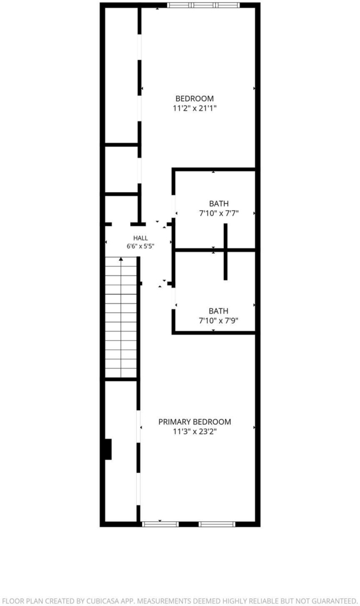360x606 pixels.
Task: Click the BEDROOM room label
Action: tap(194, 99)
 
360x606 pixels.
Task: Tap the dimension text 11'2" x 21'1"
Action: tap(194, 109)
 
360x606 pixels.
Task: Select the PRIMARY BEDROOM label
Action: tap(194, 421)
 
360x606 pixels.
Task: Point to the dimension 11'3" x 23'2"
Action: tap(194, 431)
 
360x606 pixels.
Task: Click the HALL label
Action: tap(140, 238)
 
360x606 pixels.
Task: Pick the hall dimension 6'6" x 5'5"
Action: tap(140, 246)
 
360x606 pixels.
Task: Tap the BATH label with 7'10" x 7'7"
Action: tap(219, 204)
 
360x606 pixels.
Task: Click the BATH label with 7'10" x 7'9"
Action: tap(218, 311)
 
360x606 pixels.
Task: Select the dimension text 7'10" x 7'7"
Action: tap(219, 213)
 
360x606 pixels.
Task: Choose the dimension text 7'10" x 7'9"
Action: tap(218, 321)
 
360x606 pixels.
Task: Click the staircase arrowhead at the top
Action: tap(121, 259)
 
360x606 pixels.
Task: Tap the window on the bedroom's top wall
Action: tap(204, 5)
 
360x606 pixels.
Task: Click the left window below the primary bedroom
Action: tap(160, 524)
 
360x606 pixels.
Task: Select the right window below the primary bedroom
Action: tap(217, 524)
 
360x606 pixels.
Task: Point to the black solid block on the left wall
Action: tap(108, 449)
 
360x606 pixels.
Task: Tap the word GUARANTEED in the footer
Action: tap(333, 601)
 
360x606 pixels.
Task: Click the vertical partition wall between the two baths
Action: tap(226, 252)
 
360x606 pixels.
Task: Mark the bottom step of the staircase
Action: tap(121, 373)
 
